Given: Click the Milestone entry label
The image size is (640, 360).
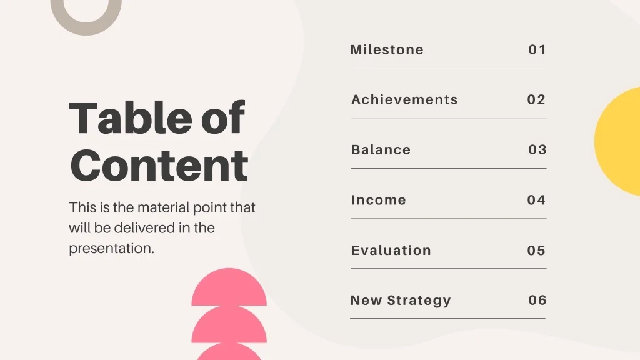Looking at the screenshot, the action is coord(387,50).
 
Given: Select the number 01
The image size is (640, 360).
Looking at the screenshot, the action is coord(537,50).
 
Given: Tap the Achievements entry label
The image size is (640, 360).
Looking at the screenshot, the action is coord(404,99).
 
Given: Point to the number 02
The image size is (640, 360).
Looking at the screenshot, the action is coord(536,99).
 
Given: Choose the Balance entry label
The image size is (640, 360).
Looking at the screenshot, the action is coord(381,150).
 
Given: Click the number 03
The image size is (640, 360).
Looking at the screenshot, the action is coord(537,150).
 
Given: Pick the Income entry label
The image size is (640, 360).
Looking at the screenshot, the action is coord(379,200).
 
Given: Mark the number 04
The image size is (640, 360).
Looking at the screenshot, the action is coord(536,200).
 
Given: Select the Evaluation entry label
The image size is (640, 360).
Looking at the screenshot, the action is coord(391,250).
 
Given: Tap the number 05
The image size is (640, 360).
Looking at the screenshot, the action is coord(536,250).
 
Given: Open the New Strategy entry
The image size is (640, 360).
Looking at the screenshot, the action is coord(401,301).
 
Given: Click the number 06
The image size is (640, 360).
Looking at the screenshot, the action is coord(537,301).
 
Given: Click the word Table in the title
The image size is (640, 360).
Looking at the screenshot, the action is coord(131,117).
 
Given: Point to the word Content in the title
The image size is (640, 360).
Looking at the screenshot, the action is coord(159,165).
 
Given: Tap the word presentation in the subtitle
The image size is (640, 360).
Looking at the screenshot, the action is coord(111,249).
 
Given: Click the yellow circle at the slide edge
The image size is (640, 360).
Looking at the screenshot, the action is coord(618,141).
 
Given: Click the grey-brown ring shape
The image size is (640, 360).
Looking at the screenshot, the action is coord(86,30).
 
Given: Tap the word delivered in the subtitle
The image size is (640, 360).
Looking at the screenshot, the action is coord(145,227).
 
